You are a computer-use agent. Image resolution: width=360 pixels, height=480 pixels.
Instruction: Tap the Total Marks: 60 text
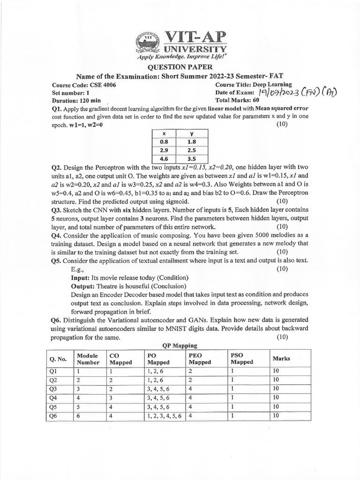(237, 100)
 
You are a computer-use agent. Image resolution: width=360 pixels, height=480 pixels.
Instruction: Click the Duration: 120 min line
(76, 100)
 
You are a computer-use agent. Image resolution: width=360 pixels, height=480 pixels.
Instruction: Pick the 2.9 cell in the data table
(164, 150)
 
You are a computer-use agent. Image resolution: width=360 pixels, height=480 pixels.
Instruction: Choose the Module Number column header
(88, 359)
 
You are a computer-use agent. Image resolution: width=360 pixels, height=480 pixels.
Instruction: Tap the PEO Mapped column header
(199, 359)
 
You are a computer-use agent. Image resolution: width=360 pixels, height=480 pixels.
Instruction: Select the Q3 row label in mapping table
(53, 389)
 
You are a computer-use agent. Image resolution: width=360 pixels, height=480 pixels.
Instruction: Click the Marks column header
(281, 359)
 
